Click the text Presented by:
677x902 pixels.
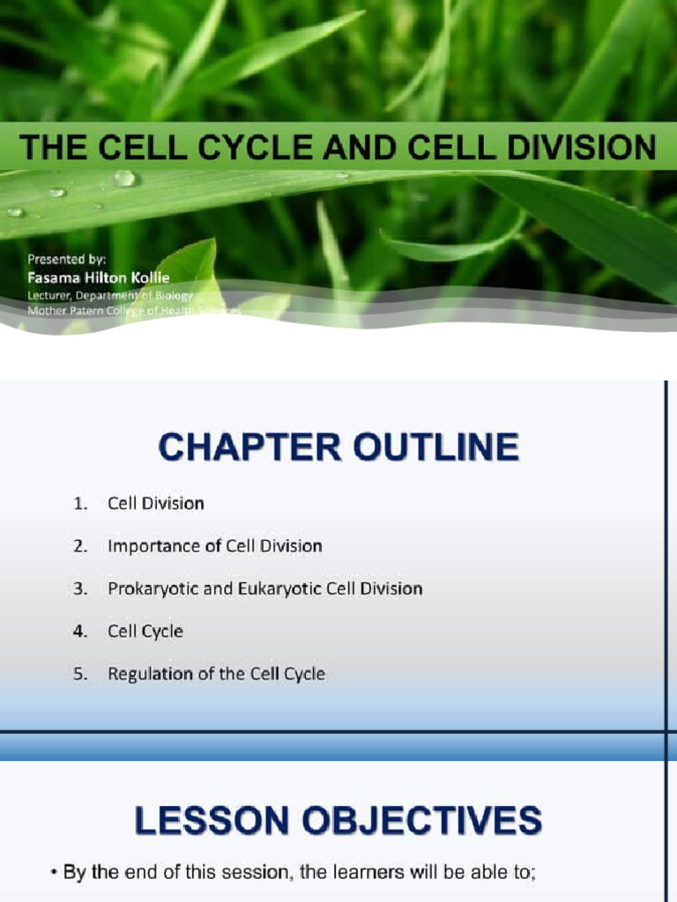tap(66, 259)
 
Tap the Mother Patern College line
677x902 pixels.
tap(132, 311)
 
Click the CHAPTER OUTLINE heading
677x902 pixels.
tap(338, 447)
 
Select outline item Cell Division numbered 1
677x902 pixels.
tap(155, 504)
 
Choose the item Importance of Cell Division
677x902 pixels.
tap(214, 546)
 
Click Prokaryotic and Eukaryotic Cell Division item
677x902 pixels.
tap(264, 588)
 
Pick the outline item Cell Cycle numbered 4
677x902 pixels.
tap(145, 631)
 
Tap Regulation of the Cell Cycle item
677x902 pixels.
tap(216, 674)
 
